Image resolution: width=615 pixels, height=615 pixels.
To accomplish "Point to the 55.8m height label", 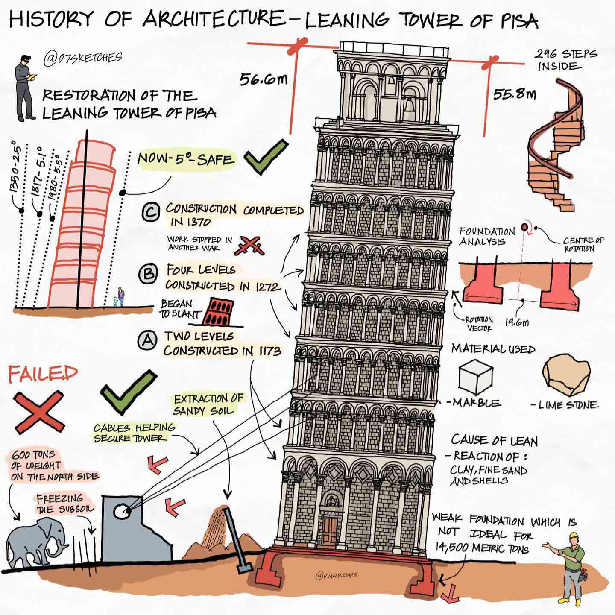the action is click(515, 94).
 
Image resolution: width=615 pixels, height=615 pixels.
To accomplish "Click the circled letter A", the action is click(147, 340).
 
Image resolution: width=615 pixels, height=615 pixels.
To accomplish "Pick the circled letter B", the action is click(148, 273).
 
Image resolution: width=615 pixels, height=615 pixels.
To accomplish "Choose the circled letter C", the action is click(151, 211).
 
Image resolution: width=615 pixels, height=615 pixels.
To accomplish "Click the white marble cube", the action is click(475, 377).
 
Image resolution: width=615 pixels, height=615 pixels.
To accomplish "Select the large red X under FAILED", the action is click(39, 412).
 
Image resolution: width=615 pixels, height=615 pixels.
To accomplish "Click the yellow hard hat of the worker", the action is click(574, 536).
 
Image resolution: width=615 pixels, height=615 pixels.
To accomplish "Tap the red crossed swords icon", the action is click(249, 246).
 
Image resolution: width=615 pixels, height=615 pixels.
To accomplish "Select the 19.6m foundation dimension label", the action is click(517, 322).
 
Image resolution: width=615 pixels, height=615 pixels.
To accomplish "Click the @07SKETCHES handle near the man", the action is click(83, 59).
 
